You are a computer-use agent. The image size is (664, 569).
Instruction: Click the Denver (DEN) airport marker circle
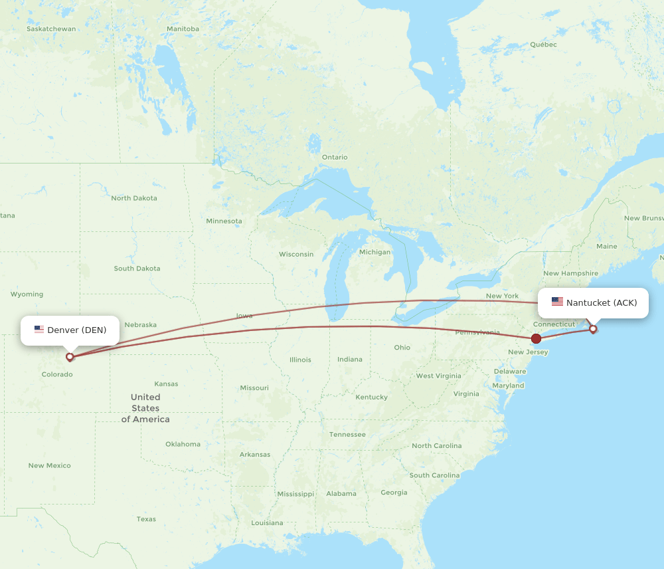[x=70, y=357]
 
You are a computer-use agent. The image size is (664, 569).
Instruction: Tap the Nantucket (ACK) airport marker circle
[x=593, y=328]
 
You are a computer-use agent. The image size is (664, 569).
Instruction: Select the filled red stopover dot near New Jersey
[x=536, y=338]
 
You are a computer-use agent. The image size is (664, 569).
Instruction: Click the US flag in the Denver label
[x=39, y=330]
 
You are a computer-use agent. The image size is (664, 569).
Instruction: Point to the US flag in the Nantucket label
[x=557, y=302]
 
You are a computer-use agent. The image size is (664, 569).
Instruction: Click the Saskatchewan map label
[x=51, y=29]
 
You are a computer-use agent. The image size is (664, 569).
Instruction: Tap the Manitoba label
[x=183, y=29]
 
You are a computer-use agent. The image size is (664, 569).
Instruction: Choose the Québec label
[x=543, y=45]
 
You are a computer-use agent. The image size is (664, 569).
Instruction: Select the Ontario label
[x=335, y=158]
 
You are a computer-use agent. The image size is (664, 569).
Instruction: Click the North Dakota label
[x=134, y=198]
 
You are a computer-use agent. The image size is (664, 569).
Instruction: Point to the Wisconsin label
[x=296, y=255]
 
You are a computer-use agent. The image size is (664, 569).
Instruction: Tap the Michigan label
[x=374, y=253]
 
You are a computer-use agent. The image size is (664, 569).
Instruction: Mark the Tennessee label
[x=347, y=435]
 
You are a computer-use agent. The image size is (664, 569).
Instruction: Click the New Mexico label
[x=49, y=466]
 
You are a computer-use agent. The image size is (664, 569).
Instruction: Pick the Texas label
[x=146, y=519]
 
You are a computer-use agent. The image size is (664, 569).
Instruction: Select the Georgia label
[x=394, y=493]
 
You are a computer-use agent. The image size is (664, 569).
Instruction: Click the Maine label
[x=606, y=247]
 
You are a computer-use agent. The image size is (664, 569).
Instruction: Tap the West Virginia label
[x=438, y=376]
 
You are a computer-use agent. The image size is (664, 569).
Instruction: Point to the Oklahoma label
[x=183, y=444]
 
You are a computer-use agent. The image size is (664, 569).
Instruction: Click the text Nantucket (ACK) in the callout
[x=602, y=303]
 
